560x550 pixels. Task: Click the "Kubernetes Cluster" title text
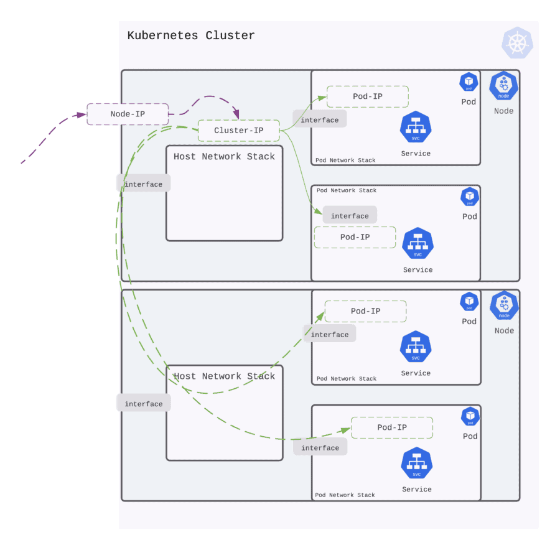pyautogui.click(x=191, y=35)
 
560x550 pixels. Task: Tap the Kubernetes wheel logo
pyautogui.click(x=517, y=43)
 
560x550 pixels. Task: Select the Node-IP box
pyautogui.click(x=128, y=114)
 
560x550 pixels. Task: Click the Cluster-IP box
pyautogui.click(x=238, y=130)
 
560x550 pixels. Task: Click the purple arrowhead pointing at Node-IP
pyautogui.click(x=81, y=114)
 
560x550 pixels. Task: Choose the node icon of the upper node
pyautogui.click(x=503, y=86)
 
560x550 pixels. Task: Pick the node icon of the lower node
pyautogui.click(x=503, y=306)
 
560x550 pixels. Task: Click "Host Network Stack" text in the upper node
pyautogui.click(x=224, y=157)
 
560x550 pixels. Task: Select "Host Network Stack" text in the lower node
pyautogui.click(x=224, y=376)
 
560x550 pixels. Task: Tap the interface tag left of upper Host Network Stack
pyautogui.click(x=143, y=184)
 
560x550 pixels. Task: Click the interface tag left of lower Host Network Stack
pyautogui.click(x=143, y=404)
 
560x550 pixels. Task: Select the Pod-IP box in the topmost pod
pyautogui.click(x=367, y=96)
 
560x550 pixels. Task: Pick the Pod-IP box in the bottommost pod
pyautogui.click(x=392, y=427)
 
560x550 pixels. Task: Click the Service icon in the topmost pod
pyautogui.click(x=416, y=128)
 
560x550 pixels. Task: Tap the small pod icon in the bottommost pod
pyautogui.click(x=470, y=416)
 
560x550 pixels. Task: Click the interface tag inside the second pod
pyautogui.click(x=350, y=216)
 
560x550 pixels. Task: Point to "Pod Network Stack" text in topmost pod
pyautogui.click(x=345, y=161)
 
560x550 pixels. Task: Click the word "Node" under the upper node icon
pyautogui.click(x=503, y=111)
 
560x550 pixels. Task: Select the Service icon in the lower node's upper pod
pyautogui.click(x=416, y=347)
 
